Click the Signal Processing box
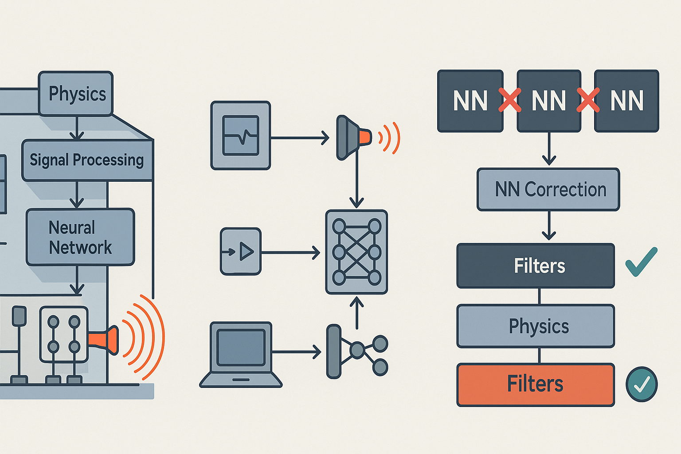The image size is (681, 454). [87, 160]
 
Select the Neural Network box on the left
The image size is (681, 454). [80, 237]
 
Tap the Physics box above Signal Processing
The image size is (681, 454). [76, 94]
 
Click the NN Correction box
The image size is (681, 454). [548, 190]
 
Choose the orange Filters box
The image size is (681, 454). [536, 384]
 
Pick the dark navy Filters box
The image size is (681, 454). [536, 266]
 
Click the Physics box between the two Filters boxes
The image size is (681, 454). [536, 326]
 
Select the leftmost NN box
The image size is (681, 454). [470, 101]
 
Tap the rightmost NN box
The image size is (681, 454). [626, 101]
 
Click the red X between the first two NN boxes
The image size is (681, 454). [510, 100]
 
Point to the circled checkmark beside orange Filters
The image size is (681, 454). [642, 384]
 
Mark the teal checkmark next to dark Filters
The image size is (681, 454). [641, 262]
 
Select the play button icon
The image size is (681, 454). [241, 252]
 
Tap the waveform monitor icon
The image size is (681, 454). [241, 136]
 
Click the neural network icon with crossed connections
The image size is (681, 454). [356, 252]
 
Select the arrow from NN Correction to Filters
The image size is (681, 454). [549, 226]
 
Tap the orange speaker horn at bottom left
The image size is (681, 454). [104, 340]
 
